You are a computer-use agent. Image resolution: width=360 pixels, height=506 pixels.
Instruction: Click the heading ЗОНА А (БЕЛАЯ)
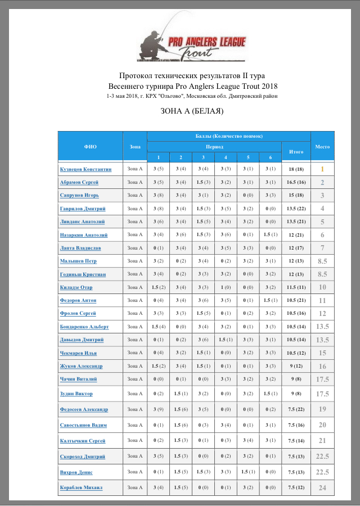click(192, 111)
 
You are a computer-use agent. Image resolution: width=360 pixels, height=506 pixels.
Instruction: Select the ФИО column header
click(91, 146)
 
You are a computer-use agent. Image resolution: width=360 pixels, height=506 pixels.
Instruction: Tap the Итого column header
click(296, 151)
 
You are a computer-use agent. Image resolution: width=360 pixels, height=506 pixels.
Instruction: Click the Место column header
click(322, 146)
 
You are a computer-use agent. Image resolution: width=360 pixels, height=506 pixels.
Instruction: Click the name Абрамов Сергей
click(79, 182)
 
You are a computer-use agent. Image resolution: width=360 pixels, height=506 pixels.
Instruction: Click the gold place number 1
click(322, 169)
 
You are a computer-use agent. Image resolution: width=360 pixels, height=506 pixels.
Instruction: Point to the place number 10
click(322, 287)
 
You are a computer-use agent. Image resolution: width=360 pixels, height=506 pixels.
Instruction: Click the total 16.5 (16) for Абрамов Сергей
click(296, 182)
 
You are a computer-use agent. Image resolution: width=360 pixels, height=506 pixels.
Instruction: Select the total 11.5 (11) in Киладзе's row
click(296, 287)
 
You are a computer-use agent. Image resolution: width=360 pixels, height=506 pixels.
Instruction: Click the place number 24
click(322, 487)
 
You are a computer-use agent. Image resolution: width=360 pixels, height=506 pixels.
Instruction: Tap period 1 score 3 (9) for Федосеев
click(159, 409)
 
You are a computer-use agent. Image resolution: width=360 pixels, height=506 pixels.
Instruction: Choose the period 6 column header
click(271, 157)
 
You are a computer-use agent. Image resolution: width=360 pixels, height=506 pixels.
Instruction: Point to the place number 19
click(322, 409)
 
